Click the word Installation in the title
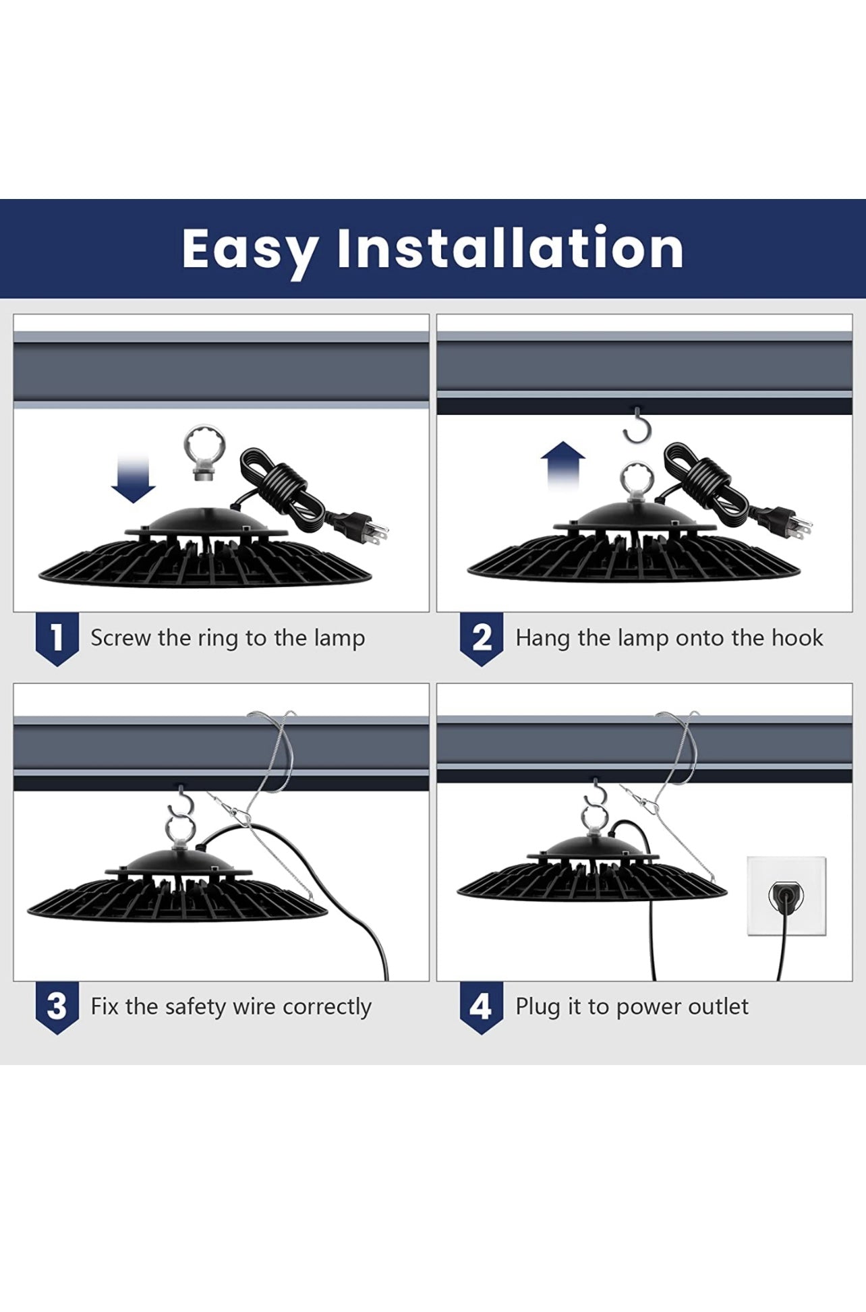point(510,248)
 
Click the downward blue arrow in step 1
point(134,479)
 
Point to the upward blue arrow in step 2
point(563,465)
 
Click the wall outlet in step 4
point(786,896)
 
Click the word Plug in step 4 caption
point(538,1007)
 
